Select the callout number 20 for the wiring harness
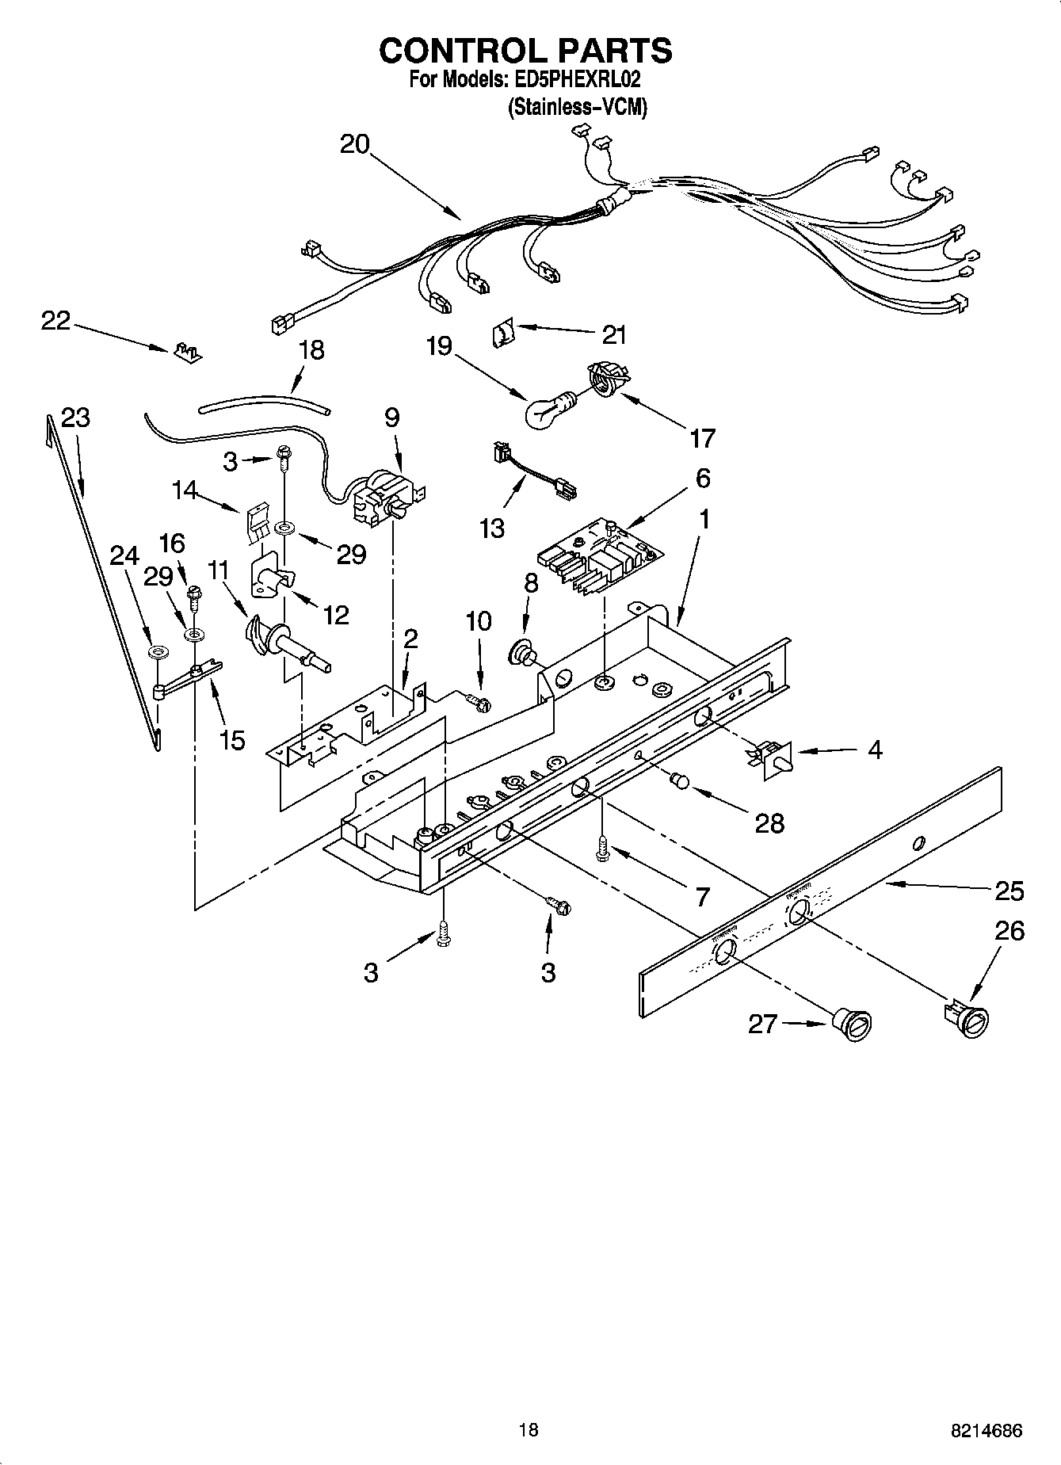355,144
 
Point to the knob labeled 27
853,1024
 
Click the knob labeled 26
967,1017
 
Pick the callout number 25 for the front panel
1009,891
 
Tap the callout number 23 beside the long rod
75,418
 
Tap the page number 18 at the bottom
529,1429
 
